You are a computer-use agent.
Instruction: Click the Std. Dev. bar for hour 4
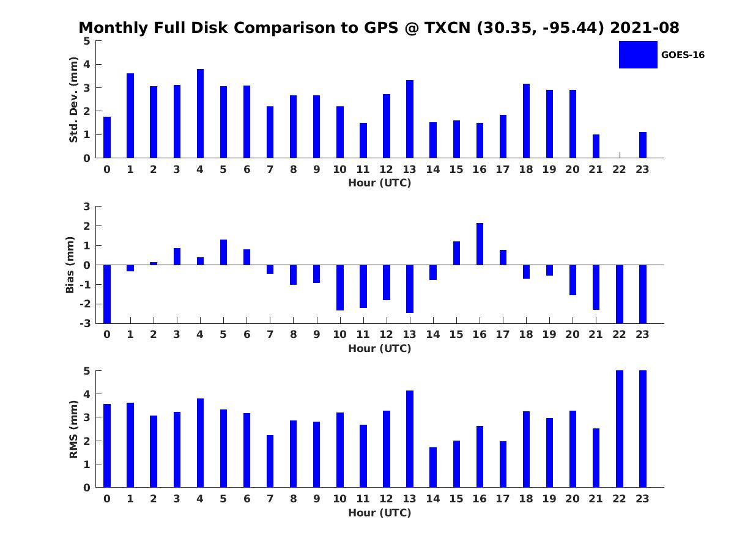[200, 114]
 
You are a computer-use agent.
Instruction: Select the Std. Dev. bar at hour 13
[410, 119]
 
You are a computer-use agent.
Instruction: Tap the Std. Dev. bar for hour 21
[596, 146]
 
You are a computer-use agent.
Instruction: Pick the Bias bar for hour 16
[480, 244]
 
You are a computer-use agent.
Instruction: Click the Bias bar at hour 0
[107, 294]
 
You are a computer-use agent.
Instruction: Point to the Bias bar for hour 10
[340, 287]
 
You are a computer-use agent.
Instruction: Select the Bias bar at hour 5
[223, 252]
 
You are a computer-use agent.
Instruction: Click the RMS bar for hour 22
[619, 429]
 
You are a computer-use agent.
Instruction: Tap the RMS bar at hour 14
[433, 468]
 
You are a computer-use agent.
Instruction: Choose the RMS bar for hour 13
[410, 439]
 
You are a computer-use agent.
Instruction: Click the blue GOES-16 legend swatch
[638, 54]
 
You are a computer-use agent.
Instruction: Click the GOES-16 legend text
[683, 55]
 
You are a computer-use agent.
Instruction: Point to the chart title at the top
[379, 28]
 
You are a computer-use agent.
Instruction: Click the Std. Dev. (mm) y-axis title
[73, 100]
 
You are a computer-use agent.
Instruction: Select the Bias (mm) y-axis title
[70, 265]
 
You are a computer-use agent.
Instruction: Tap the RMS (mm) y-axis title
[73, 429]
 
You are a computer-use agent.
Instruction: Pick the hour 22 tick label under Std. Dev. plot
[619, 170]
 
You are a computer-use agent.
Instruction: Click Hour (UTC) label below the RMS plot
[379, 513]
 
